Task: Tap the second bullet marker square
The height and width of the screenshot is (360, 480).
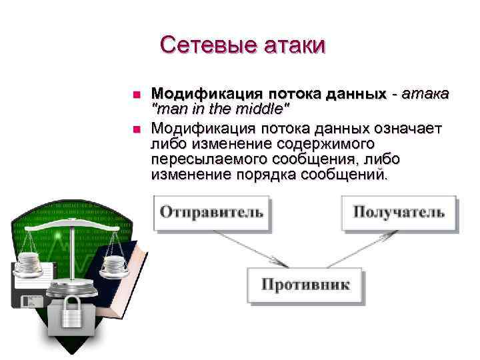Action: pyautogui.click(x=136, y=128)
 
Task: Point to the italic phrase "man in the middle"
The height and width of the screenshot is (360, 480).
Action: pyautogui.click(x=221, y=108)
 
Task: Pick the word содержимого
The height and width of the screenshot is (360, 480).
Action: pyautogui.click(x=319, y=143)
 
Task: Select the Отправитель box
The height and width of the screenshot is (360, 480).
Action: pyautogui.click(x=211, y=213)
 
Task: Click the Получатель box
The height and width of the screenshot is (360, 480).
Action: pyautogui.click(x=398, y=213)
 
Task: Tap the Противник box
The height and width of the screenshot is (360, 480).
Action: pyautogui.click(x=305, y=285)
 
